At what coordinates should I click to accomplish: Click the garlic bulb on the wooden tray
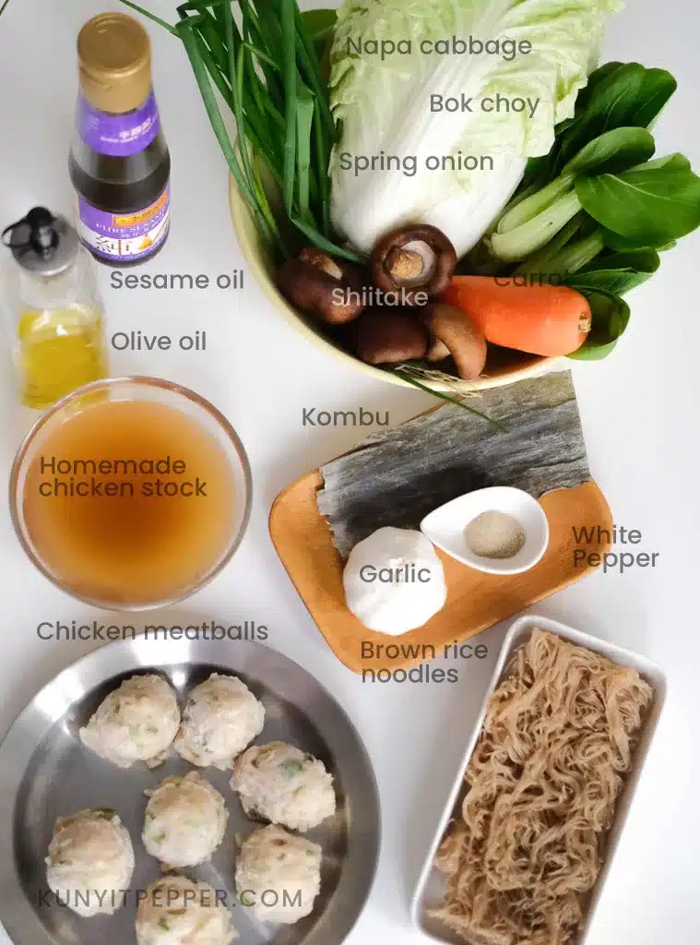coord(395,580)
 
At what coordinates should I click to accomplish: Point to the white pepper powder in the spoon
coord(494,534)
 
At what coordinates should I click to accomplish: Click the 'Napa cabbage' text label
coord(439,46)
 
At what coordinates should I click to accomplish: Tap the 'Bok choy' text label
coord(484,103)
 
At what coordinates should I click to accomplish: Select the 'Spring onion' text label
coord(416,162)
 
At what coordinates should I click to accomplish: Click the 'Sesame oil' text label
coord(177,280)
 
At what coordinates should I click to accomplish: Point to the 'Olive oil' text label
coord(159,341)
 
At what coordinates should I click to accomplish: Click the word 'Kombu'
coord(346,417)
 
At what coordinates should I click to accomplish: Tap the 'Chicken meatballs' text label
coord(152,631)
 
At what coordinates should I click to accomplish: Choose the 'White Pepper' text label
coord(615,547)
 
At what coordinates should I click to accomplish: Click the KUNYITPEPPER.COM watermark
coord(170,897)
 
